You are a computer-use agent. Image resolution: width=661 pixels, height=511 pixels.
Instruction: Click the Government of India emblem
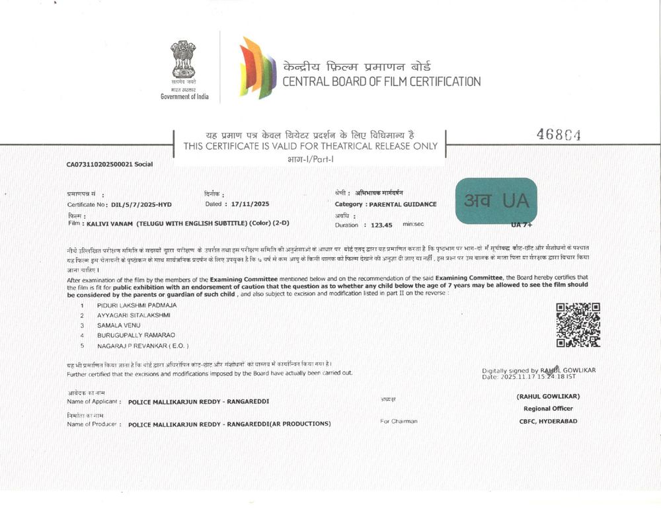click(183, 60)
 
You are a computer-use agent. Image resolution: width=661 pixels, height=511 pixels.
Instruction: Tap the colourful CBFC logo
click(257, 68)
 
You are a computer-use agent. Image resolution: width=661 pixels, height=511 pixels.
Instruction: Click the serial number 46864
click(559, 135)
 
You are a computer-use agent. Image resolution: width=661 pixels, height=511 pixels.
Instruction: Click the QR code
click(578, 325)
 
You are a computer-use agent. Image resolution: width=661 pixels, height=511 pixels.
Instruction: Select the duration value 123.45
click(381, 225)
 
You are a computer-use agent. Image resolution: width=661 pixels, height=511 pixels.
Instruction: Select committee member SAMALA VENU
click(116, 325)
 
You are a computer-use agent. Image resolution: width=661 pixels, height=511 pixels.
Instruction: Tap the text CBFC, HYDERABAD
click(548, 421)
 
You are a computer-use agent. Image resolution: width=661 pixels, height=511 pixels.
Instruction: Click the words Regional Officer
click(547, 409)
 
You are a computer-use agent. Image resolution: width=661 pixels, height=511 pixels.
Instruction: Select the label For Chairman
click(399, 421)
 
